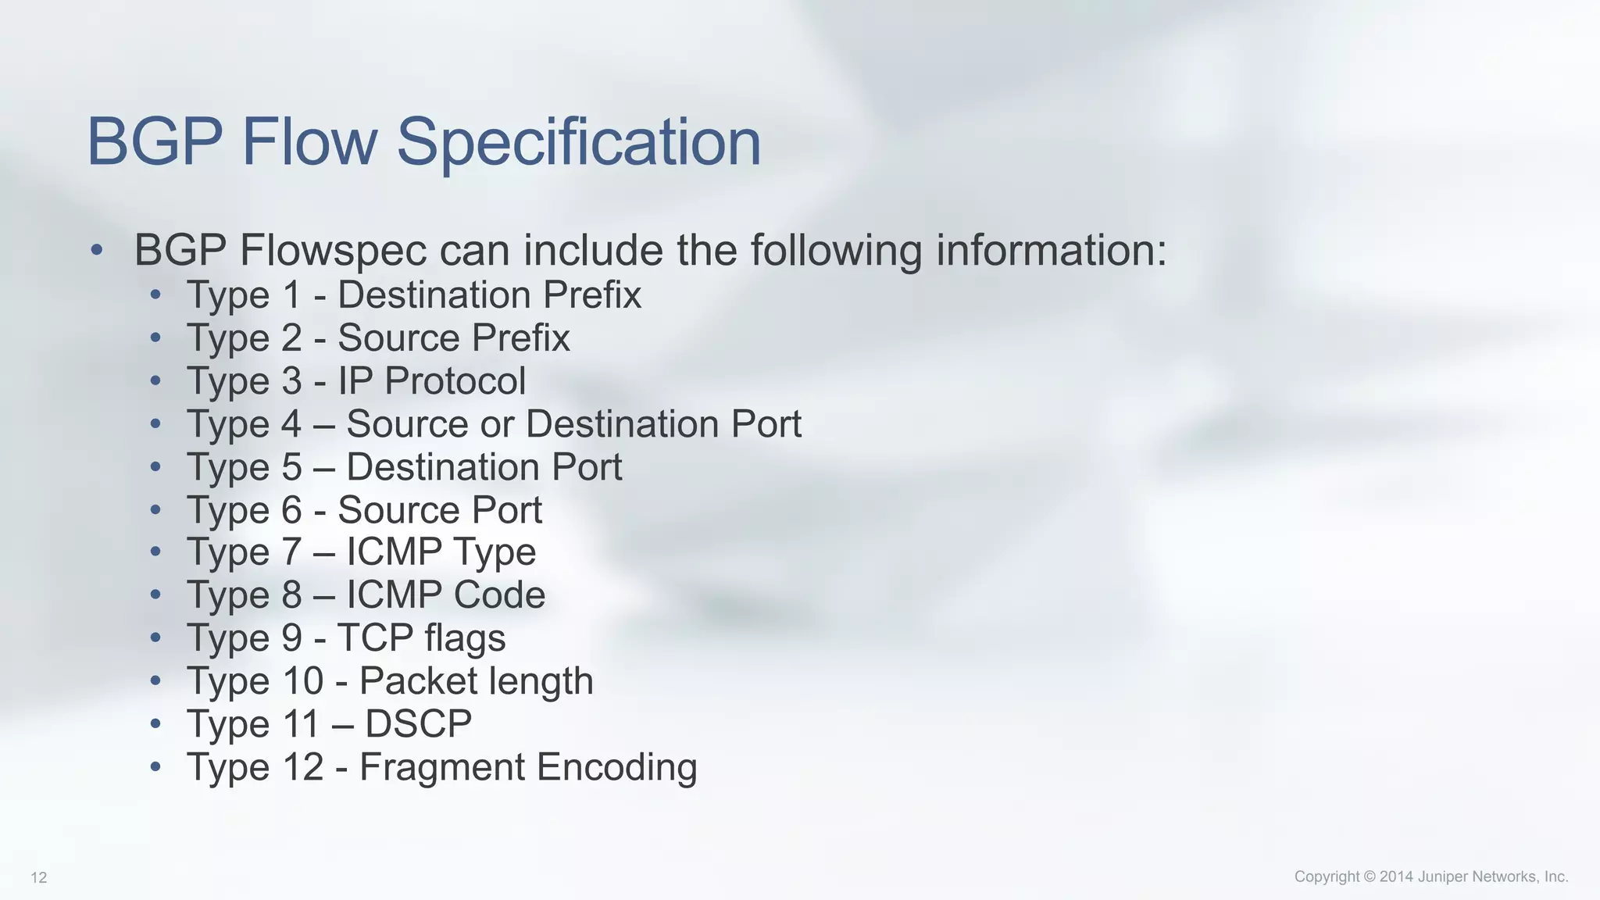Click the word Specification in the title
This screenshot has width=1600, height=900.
point(578,142)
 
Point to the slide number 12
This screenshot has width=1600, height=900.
point(39,878)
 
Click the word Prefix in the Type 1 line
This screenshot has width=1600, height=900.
point(592,295)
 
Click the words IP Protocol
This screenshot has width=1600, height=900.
point(431,381)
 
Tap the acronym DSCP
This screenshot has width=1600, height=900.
point(418,724)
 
